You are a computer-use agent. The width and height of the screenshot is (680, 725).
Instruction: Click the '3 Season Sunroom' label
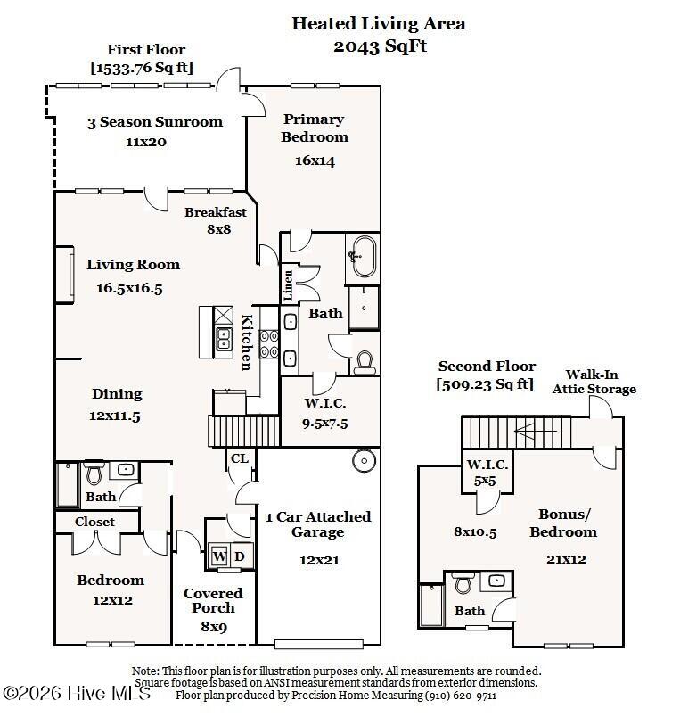point(155,122)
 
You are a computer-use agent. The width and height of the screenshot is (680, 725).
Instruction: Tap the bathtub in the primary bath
point(362,258)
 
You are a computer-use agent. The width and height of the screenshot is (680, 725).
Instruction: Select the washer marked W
point(218,557)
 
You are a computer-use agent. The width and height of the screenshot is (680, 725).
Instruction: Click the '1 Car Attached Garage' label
point(318,524)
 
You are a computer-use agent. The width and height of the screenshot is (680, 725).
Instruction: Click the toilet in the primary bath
point(364,361)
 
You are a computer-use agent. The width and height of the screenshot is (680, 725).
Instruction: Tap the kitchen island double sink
point(223,339)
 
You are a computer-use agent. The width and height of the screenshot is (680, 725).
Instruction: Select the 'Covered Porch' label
point(213,600)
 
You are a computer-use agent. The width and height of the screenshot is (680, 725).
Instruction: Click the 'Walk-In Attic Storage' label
point(594,382)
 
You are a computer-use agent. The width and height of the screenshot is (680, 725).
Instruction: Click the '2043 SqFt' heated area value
point(380,46)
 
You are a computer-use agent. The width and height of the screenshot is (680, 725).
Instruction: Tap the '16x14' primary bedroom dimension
point(314,161)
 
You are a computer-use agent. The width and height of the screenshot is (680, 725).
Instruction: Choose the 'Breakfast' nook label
point(216,212)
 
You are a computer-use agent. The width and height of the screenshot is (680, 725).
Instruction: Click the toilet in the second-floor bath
point(463,585)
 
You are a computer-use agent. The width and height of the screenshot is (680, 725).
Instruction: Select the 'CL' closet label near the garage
point(240,458)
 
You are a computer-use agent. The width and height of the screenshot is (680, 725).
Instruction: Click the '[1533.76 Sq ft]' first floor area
point(142,67)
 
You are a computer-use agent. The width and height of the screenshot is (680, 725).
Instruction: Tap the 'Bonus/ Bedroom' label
point(563,523)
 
